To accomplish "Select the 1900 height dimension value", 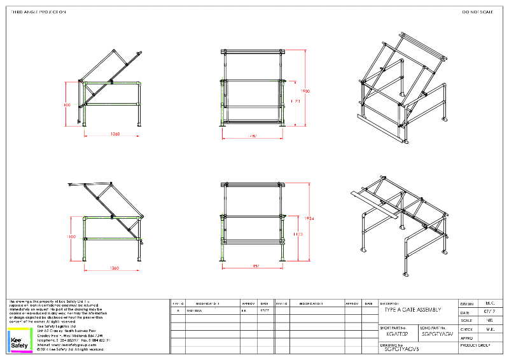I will click(305, 92).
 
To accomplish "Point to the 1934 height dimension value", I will click(309, 218).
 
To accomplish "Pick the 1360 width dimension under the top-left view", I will click(115, 134).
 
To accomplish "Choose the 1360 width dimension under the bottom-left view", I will click(115, 268).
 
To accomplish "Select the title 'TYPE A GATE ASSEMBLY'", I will click(412, 309).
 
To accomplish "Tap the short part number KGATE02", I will click(397, 333).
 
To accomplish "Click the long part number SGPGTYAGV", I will click(437, 333).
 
